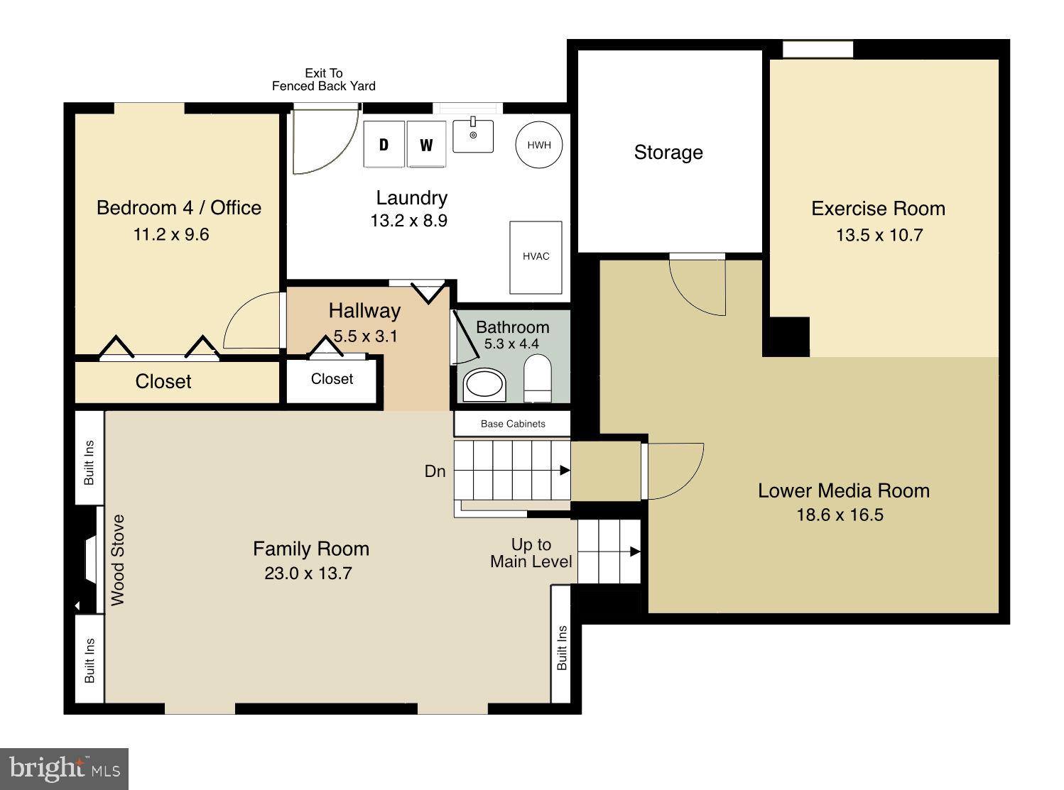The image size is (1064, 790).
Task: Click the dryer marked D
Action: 384,145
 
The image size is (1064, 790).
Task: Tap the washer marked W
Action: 426,145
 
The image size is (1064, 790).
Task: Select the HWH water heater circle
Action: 539,145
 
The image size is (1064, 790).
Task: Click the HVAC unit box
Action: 536,257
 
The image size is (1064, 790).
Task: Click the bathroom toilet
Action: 537,378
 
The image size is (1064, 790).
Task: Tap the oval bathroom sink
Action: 484,385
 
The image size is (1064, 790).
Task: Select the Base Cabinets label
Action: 513,424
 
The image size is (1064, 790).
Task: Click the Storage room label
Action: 668,153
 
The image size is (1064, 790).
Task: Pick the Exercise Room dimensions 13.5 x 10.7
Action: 879,235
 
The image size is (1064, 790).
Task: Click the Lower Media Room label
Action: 843,490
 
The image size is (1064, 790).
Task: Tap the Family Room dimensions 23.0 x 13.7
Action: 308,574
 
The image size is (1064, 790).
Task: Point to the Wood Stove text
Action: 118,560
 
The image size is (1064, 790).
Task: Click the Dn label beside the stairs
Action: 435,471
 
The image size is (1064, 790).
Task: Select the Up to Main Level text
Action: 531,553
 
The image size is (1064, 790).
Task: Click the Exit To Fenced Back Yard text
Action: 323,79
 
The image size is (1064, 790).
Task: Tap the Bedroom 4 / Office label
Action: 178,208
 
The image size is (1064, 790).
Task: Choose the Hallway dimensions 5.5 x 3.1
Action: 365,336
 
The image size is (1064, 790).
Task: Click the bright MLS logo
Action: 64,769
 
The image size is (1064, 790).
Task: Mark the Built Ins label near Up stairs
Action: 562,647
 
